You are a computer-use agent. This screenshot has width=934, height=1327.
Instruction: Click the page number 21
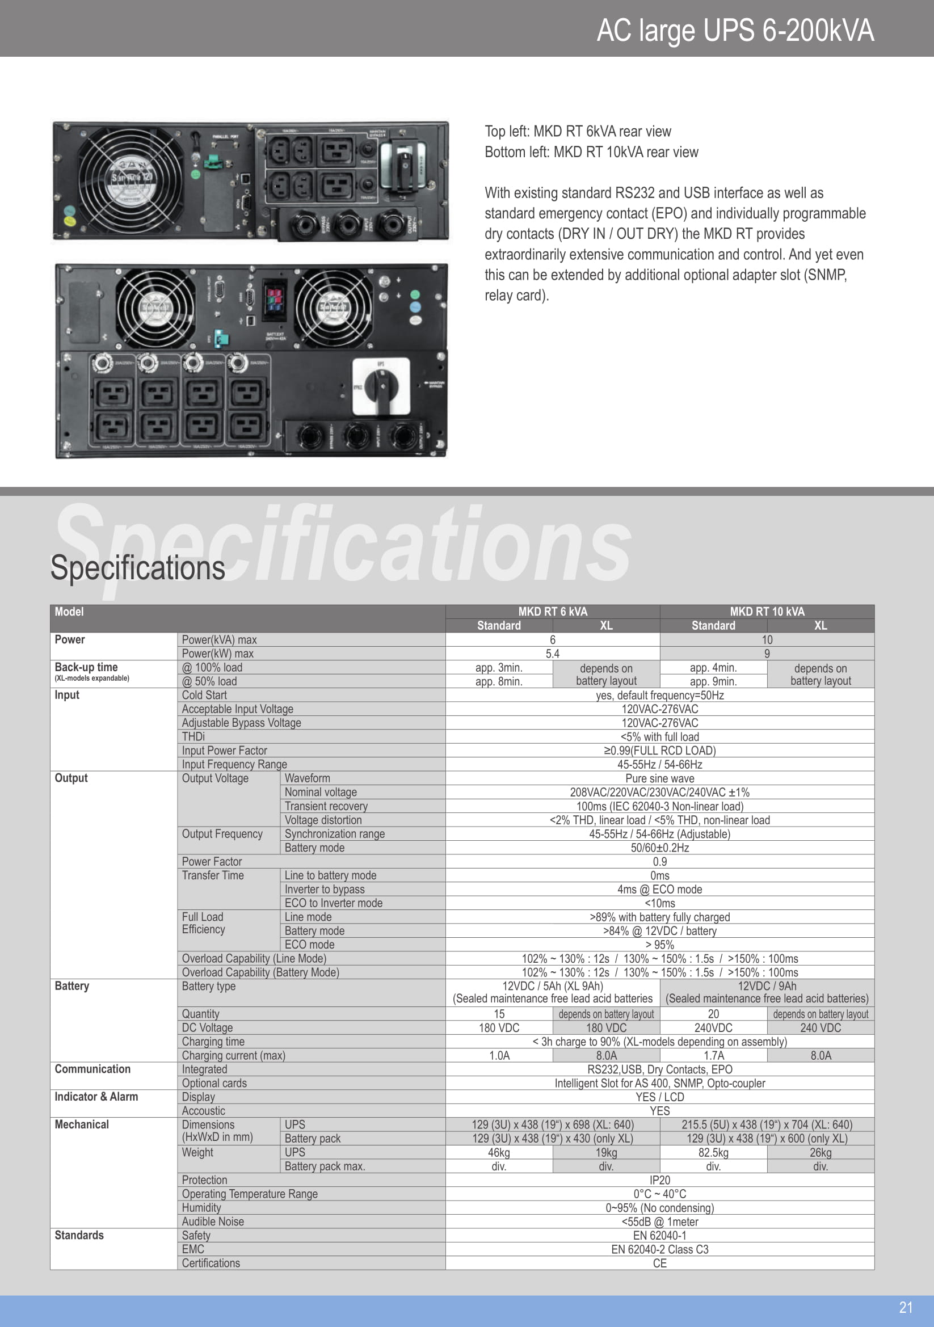[x=906, y=1307]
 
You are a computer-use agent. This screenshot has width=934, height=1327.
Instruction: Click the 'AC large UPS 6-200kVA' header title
[x=735, y=30]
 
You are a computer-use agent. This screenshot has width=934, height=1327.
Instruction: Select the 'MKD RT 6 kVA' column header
[x=552, y=612]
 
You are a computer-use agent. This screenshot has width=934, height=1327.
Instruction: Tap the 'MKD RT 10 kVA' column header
[x=767, y=612]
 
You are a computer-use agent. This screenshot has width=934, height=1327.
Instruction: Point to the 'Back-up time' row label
[x=86, y=667]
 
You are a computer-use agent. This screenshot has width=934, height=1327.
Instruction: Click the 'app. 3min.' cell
[x=498, y=668]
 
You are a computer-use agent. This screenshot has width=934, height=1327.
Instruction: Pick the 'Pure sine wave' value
[x=659, y=778]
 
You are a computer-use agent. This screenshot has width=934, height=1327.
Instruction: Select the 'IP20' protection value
[x=659, y=1180]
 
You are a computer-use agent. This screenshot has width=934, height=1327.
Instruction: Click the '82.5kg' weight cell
[x=713, y=1152]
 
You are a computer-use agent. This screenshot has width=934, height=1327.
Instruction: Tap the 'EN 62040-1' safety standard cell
[x=659, y=1236]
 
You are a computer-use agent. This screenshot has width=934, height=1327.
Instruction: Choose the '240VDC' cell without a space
[x=713, y=1027]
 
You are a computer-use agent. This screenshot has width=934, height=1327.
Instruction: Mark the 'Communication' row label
[x=92, y=1069]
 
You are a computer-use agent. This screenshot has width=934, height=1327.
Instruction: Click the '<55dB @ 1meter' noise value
[x=659, y=1222]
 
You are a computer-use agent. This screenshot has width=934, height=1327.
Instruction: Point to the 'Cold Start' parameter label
[x=204, y=696]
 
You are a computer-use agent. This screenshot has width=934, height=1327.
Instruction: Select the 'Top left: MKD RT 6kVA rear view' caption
[x=578, y=131]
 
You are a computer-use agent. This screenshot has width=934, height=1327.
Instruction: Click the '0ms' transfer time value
[x=659, y=875]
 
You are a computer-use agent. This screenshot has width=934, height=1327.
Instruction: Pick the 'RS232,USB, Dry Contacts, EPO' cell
[x=659, y=1069]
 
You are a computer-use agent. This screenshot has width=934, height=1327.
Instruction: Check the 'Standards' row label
[x=79, y=1235]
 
